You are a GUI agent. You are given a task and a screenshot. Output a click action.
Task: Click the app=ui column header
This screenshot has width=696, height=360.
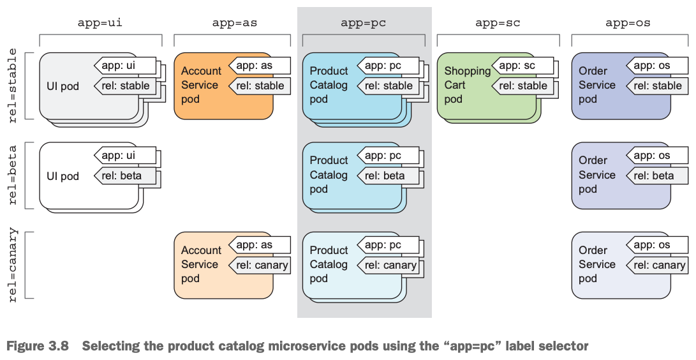(x=100, y=23)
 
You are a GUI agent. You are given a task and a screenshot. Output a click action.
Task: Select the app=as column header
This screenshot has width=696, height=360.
(x=235, y=23)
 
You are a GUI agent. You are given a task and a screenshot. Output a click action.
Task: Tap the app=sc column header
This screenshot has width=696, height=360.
(x=498, y=23)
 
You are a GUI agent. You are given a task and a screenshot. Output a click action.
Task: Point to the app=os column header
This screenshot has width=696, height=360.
(x=628, y=23)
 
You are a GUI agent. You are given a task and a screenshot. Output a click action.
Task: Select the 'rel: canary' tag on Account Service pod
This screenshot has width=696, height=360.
(x=260, y=265)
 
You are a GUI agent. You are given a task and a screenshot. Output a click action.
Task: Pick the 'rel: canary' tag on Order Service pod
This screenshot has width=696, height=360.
(x=658, y=265)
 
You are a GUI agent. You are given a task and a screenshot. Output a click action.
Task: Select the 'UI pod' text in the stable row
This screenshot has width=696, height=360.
(x=63, y=86)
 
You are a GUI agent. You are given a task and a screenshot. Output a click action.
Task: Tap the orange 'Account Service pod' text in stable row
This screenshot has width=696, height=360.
(x=201, y=85)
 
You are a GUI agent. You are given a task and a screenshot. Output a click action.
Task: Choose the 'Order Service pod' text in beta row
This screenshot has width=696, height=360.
(x=597, y=175)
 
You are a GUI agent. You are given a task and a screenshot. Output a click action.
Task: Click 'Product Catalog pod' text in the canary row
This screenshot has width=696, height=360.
(x=329, y=264)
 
